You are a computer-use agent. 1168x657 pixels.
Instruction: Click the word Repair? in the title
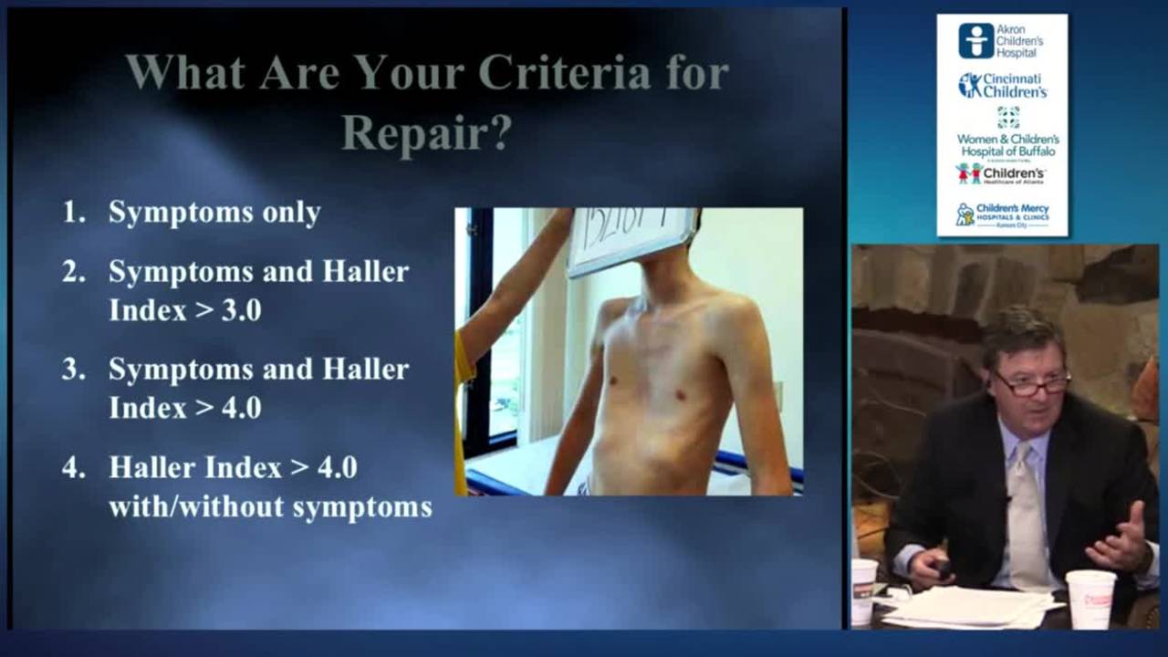click(x=426, y=133)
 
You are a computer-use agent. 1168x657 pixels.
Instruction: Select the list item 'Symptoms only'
click(x=214, y=213)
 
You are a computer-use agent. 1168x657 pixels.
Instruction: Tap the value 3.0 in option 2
click(x=241, y=310)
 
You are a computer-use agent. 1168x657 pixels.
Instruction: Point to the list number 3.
click(x=73, y=370)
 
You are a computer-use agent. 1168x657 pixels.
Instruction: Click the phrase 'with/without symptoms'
click(x=270, y=507)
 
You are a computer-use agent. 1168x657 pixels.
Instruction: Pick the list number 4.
click(x=73, y=468)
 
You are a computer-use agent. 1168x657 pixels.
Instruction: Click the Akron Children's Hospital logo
click(x=1001, y=41)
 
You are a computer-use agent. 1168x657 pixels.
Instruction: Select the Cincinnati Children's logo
click(x=1001, y=86)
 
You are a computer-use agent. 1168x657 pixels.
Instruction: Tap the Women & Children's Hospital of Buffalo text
click(x=1007, y=145)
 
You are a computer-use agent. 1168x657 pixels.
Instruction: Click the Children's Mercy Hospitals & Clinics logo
click(x=1001, y=215)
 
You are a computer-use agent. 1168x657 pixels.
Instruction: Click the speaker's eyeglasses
click(x=1032, y=382)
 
